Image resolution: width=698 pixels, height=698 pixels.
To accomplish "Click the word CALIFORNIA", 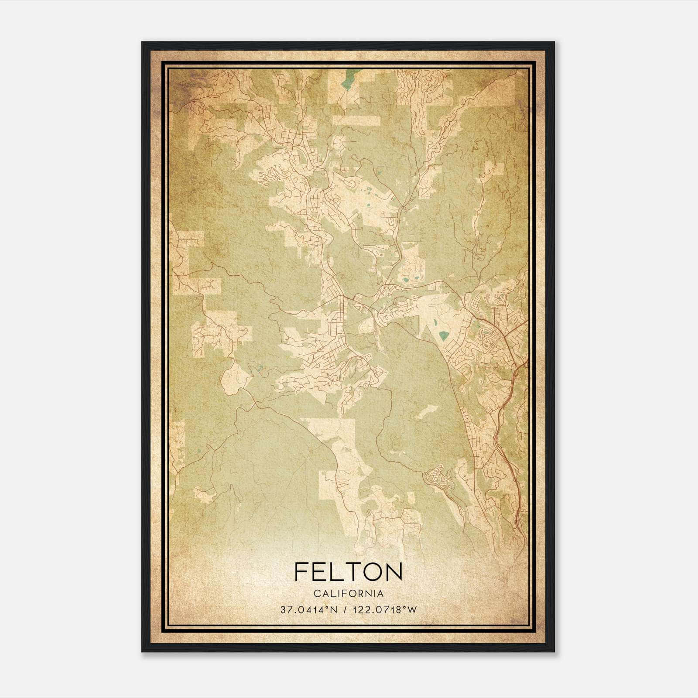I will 348,594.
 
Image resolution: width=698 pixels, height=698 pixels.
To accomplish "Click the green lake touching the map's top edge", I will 348,80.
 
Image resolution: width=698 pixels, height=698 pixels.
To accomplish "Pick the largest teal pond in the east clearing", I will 444,335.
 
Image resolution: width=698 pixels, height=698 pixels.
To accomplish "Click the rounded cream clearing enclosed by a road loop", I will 236,375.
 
